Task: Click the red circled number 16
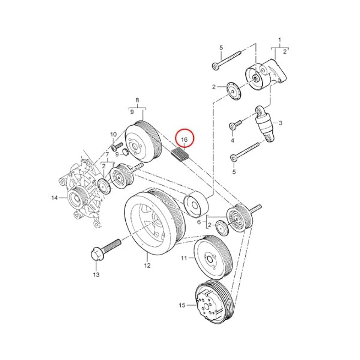tap(184, 140)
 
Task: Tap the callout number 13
tap(96, 274)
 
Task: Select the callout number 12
tap(147, 265)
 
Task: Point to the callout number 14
tap(54, 197)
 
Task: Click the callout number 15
tap(182, 305)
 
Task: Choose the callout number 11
tap(184, 258)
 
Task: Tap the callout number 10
tap(114, 134)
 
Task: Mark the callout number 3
tap(280, 123)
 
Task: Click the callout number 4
tap(232, 140)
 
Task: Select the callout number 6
tap(199, 222)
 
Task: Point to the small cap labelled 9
tap(125, 152)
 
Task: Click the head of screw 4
tap(232, 126)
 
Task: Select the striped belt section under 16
tap(180, 155)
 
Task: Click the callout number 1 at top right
tap(279, 40)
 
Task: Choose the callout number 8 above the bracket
tap(137, 100)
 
